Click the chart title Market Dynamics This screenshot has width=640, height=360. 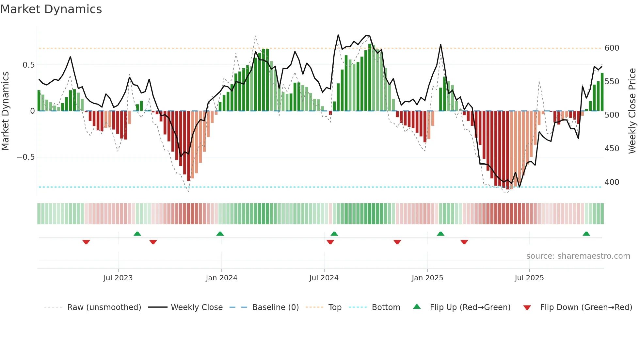51,9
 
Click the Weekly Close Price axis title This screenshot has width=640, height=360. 632,111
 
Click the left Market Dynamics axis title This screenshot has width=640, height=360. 5,111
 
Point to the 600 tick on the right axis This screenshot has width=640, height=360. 612,48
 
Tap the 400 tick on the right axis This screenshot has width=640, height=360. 612,182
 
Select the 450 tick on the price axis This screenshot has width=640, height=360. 612,149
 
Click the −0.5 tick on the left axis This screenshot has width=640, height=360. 25,157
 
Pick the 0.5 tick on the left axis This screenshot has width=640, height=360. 28,65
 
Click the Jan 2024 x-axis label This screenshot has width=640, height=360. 221,278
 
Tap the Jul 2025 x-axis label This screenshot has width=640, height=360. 529,278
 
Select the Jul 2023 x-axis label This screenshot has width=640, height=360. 118,278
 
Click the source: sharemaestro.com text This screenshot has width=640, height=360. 578,256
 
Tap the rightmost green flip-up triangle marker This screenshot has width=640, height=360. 586,234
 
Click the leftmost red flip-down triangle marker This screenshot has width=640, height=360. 86,242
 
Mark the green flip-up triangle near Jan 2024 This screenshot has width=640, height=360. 220,234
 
